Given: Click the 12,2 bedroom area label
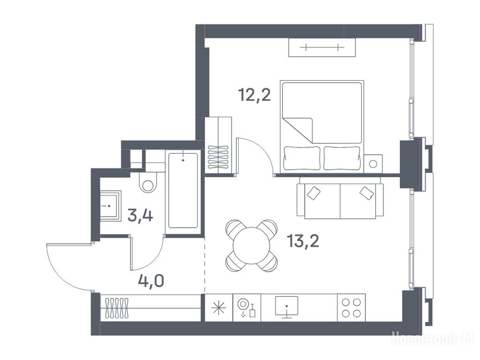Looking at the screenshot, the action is [x=255, y=95].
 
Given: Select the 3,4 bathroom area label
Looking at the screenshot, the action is [x=140, y=216].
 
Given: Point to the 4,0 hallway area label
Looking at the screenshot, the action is [x=151, y=280].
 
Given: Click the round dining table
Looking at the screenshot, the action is [x=251, y=246].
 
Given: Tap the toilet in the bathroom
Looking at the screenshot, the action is [x=148, y=182].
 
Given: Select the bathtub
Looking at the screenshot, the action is [x=183, y=191].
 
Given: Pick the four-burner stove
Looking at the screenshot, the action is [x=351, y=307].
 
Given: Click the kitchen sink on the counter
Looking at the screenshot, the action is [x=286, y=307].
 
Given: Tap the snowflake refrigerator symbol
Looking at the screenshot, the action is [x=219, y=308].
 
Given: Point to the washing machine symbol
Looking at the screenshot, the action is [x=247, y=308].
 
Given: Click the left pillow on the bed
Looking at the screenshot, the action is [x=302, y=158].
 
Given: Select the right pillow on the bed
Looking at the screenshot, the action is [x=342, y=158].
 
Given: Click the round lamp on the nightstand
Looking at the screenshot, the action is [x=373, y=164].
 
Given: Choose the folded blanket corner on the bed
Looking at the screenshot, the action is [x=298, y=130].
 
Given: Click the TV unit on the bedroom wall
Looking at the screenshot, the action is [x=322, y=47].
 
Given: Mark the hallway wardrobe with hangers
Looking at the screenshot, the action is [x=150, y=308].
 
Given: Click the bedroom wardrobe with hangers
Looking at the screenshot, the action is [x=218, y=146].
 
